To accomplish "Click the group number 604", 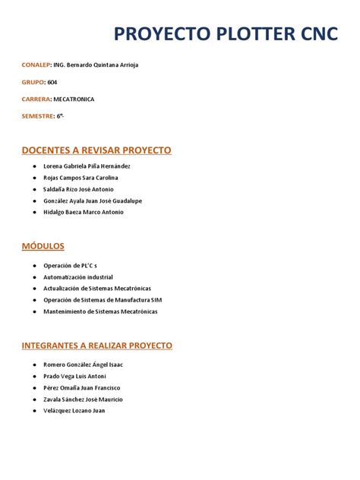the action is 52,82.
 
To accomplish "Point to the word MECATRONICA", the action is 74,99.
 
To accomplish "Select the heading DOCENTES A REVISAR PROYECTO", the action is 96,150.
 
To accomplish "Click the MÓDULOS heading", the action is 43,246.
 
